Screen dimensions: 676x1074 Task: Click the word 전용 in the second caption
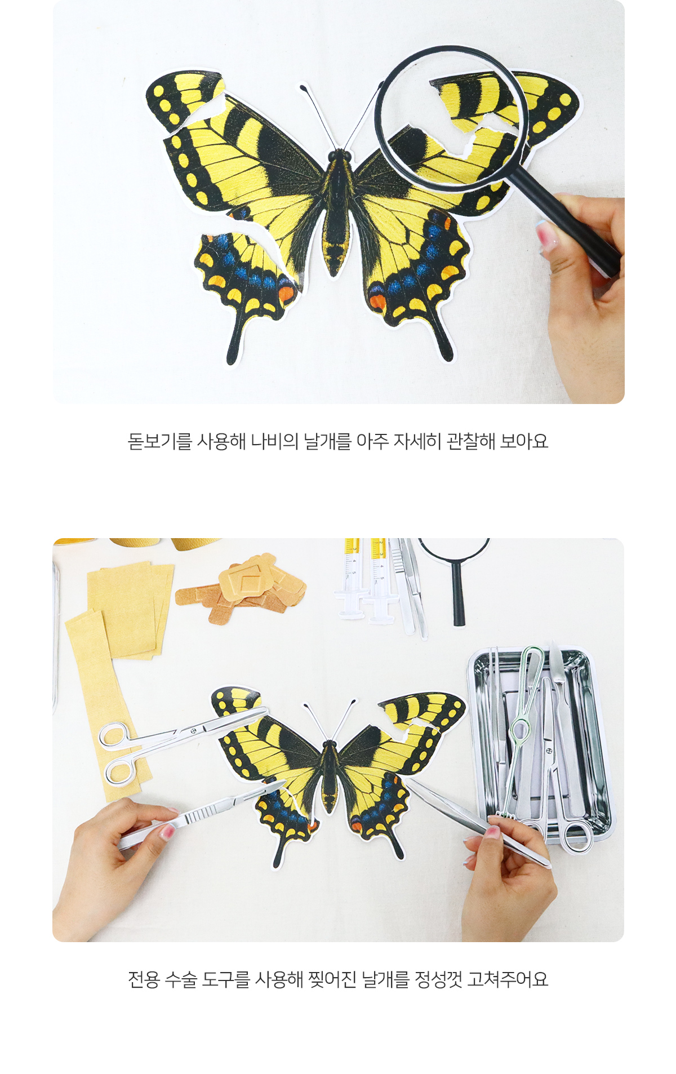(x=144, y=979)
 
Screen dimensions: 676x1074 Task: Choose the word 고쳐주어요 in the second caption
(x=508, y=979)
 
